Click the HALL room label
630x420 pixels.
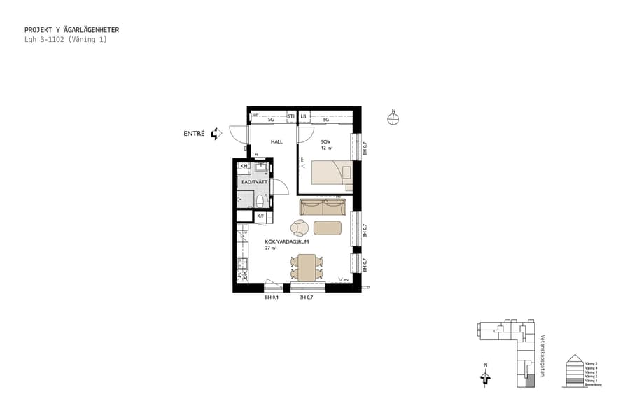click(x=277, y=141)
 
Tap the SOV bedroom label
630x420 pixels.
click(x=326, y=141)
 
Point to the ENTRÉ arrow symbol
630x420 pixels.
click(x=216, y=133)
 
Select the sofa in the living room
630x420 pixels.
click(x=323, y=207)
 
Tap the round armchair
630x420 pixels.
click(x=300, y=227)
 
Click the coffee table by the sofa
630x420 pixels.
click(x=328, y=227)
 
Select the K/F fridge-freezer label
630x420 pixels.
click(x=260, y=216)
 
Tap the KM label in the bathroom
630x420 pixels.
click(x=244, y=166)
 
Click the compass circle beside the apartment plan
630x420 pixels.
click(x=393, y=119)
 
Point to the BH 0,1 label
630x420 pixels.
click(x=272, y=298)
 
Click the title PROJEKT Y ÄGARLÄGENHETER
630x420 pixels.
click(x=71, y=30)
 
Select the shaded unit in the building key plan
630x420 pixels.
click(x=530, y=381)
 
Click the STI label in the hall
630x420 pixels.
click(x=291, y=116)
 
